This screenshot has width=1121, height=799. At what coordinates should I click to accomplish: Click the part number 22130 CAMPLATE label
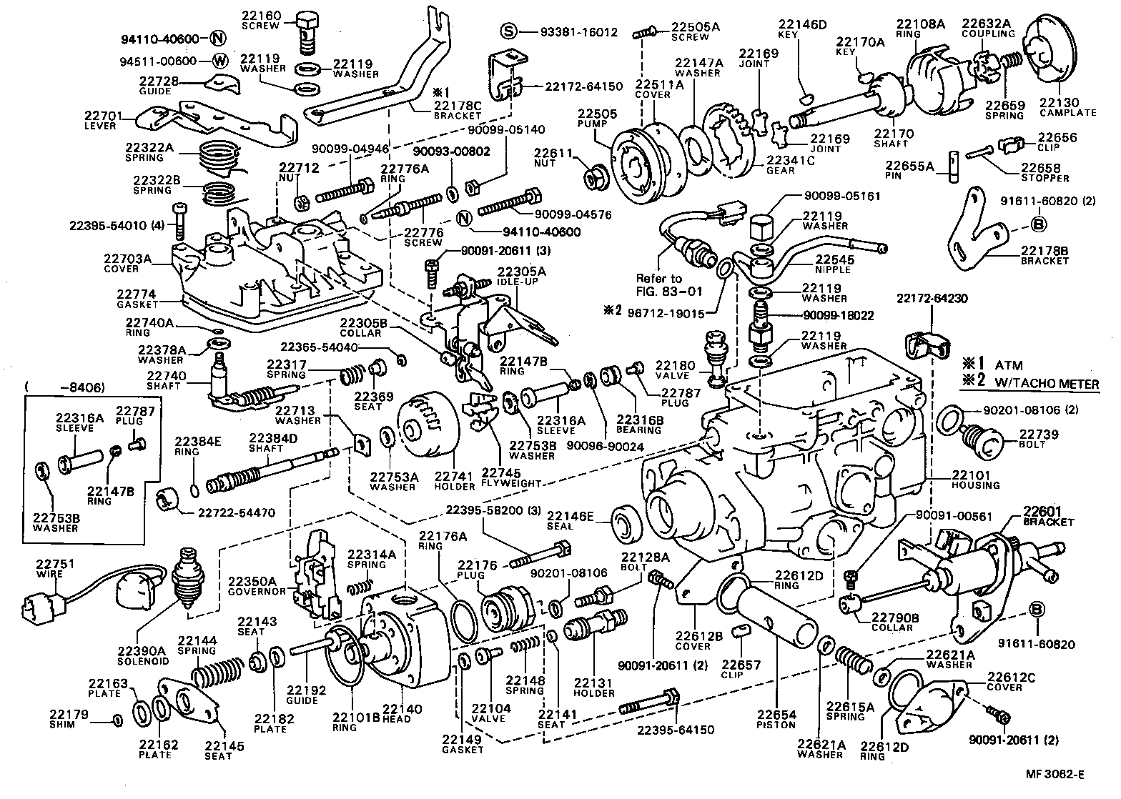click(1068, 107)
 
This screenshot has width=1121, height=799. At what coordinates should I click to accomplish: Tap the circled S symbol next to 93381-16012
click(508, 31)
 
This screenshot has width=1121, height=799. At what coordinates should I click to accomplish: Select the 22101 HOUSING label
click(975, 480)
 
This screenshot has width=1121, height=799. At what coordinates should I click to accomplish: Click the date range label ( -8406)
click(65, 388)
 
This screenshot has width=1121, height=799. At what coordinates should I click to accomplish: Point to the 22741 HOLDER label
click(454, 481)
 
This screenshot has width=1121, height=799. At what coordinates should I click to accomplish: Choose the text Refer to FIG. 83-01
click(668, 284)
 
